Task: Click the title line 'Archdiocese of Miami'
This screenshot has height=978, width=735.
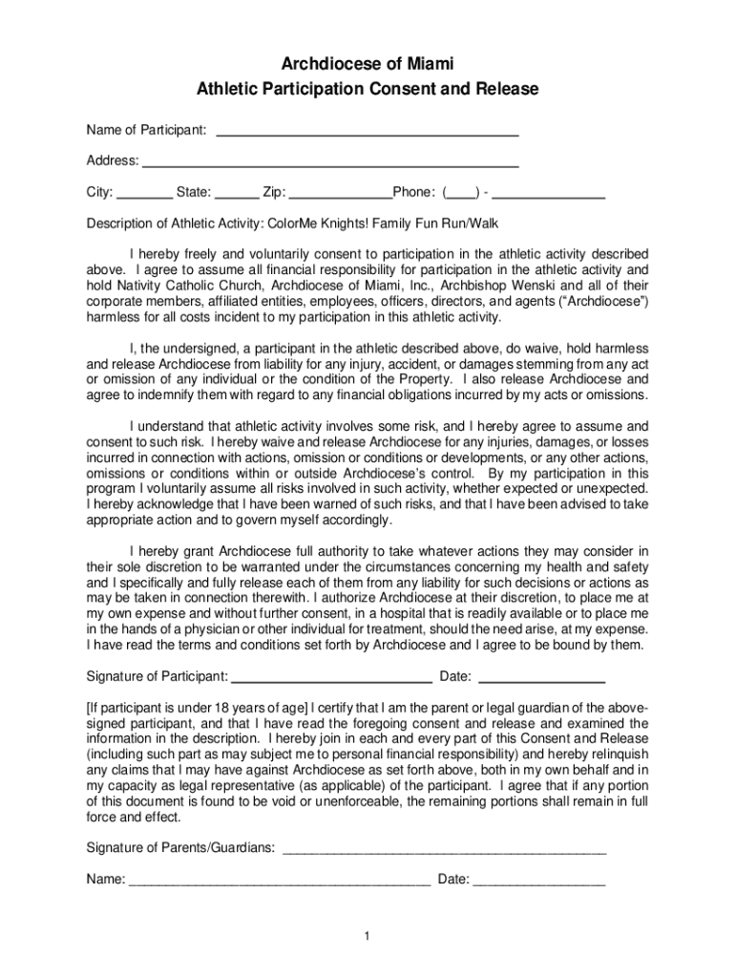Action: [367, 64]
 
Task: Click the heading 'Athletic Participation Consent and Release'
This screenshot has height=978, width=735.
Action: [367, 90]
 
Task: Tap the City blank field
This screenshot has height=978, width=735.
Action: [145, 194]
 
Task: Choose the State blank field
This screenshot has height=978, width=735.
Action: [238, 194]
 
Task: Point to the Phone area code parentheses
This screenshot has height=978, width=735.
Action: [461, 193]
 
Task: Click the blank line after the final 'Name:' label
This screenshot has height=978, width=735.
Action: [279, 881]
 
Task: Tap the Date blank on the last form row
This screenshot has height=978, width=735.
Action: [539, 881]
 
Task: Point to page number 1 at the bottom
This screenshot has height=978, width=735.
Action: [367, 935]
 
